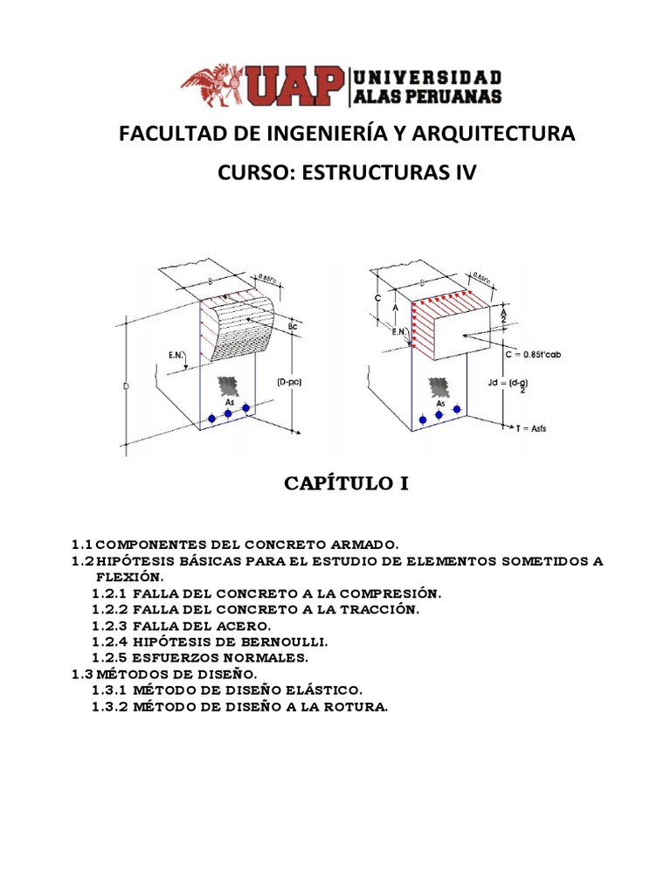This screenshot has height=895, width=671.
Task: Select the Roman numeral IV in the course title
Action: [465, 172]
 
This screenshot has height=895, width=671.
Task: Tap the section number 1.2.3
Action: [109, 626]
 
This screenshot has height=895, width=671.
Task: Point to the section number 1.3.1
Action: [109, 690]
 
